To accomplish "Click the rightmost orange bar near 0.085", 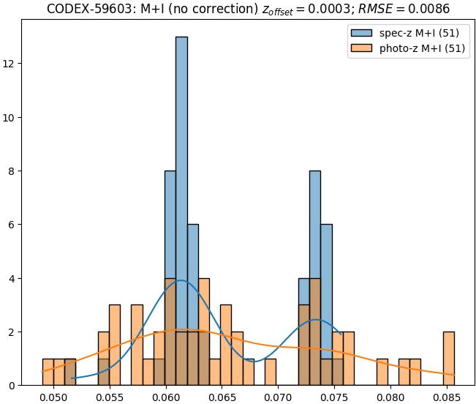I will pos(448,359).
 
